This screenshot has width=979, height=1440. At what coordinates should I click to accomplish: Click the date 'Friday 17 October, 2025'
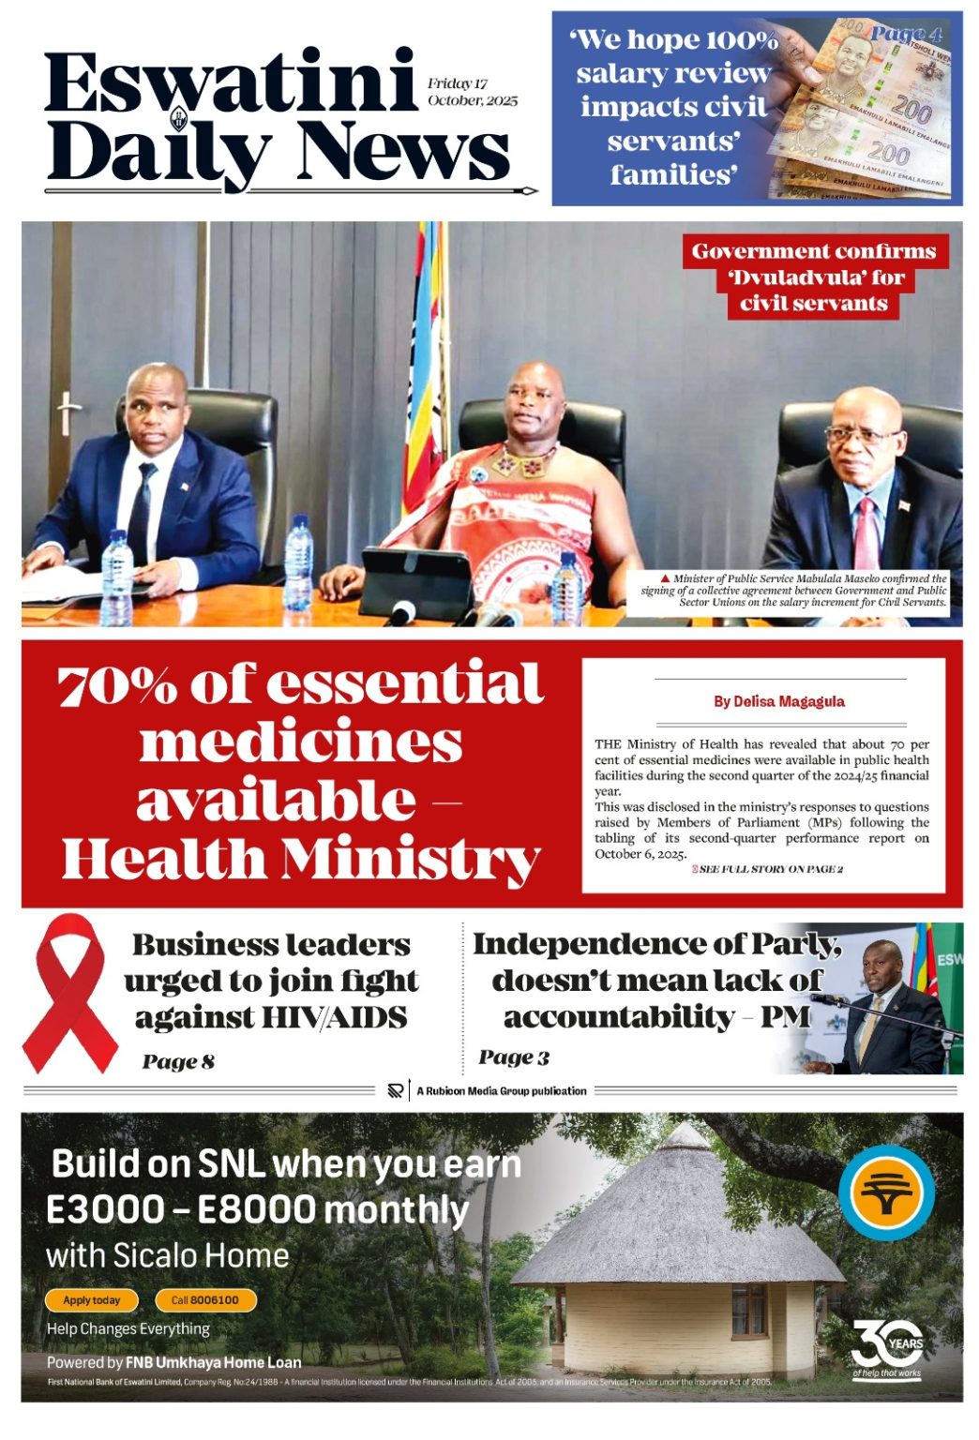[x=472, y=92]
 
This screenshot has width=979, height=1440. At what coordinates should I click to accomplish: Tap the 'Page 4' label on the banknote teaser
[x=906, y=35]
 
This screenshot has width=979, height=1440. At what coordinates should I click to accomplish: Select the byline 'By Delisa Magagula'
[x=778, y=701]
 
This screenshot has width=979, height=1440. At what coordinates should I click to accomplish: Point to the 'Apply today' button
[x=92, y=1300]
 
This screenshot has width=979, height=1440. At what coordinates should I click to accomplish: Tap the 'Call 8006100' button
[x=204, y=1300]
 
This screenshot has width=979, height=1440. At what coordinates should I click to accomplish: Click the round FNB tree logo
[x=885, y=1192]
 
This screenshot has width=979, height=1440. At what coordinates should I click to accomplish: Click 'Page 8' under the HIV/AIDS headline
[x=178, y=1061]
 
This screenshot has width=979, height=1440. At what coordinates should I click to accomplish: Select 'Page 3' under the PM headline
[x=514, y=1057]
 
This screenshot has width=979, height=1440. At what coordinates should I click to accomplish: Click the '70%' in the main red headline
[x=117, y=686]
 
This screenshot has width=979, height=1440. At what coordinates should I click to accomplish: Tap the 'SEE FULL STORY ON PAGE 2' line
[x=769, y=869]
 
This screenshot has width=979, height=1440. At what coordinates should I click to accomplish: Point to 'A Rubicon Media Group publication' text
[x=502, y=1090]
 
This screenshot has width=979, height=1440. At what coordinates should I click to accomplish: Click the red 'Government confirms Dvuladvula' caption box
[x=813, y=277]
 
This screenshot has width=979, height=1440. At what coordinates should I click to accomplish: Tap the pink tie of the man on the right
[x=865, y=534]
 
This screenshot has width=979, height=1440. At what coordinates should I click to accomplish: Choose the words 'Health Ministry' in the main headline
[x=300, y=860]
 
